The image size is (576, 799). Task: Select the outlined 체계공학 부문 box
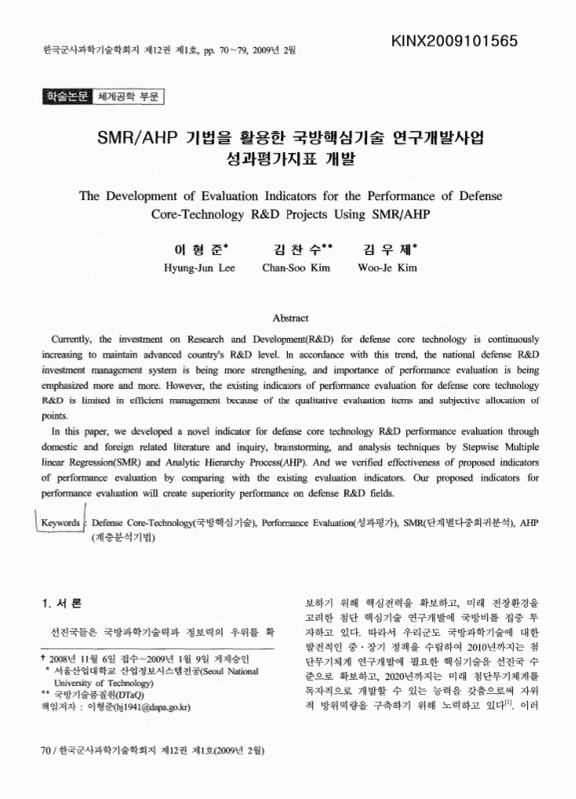tap(129, 97)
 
